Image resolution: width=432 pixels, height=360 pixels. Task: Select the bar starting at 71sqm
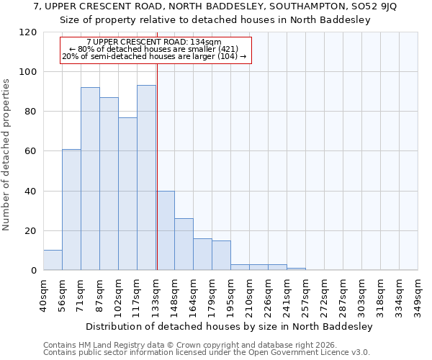(x=90, y=179)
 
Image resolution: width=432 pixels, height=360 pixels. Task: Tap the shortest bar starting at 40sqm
(x=53, y=260)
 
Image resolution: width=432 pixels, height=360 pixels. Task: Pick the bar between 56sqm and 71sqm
(x=71, y=210)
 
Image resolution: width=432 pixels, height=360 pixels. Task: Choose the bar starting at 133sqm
(x=165, y=230)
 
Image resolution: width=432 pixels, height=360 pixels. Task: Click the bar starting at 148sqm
(x=184, y=244)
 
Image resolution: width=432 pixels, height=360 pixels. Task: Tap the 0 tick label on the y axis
(x=34, y=271)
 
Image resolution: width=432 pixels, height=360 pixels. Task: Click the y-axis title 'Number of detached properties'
(x=7, y=155)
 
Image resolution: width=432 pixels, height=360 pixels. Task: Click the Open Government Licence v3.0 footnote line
(x=206, y=352)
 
